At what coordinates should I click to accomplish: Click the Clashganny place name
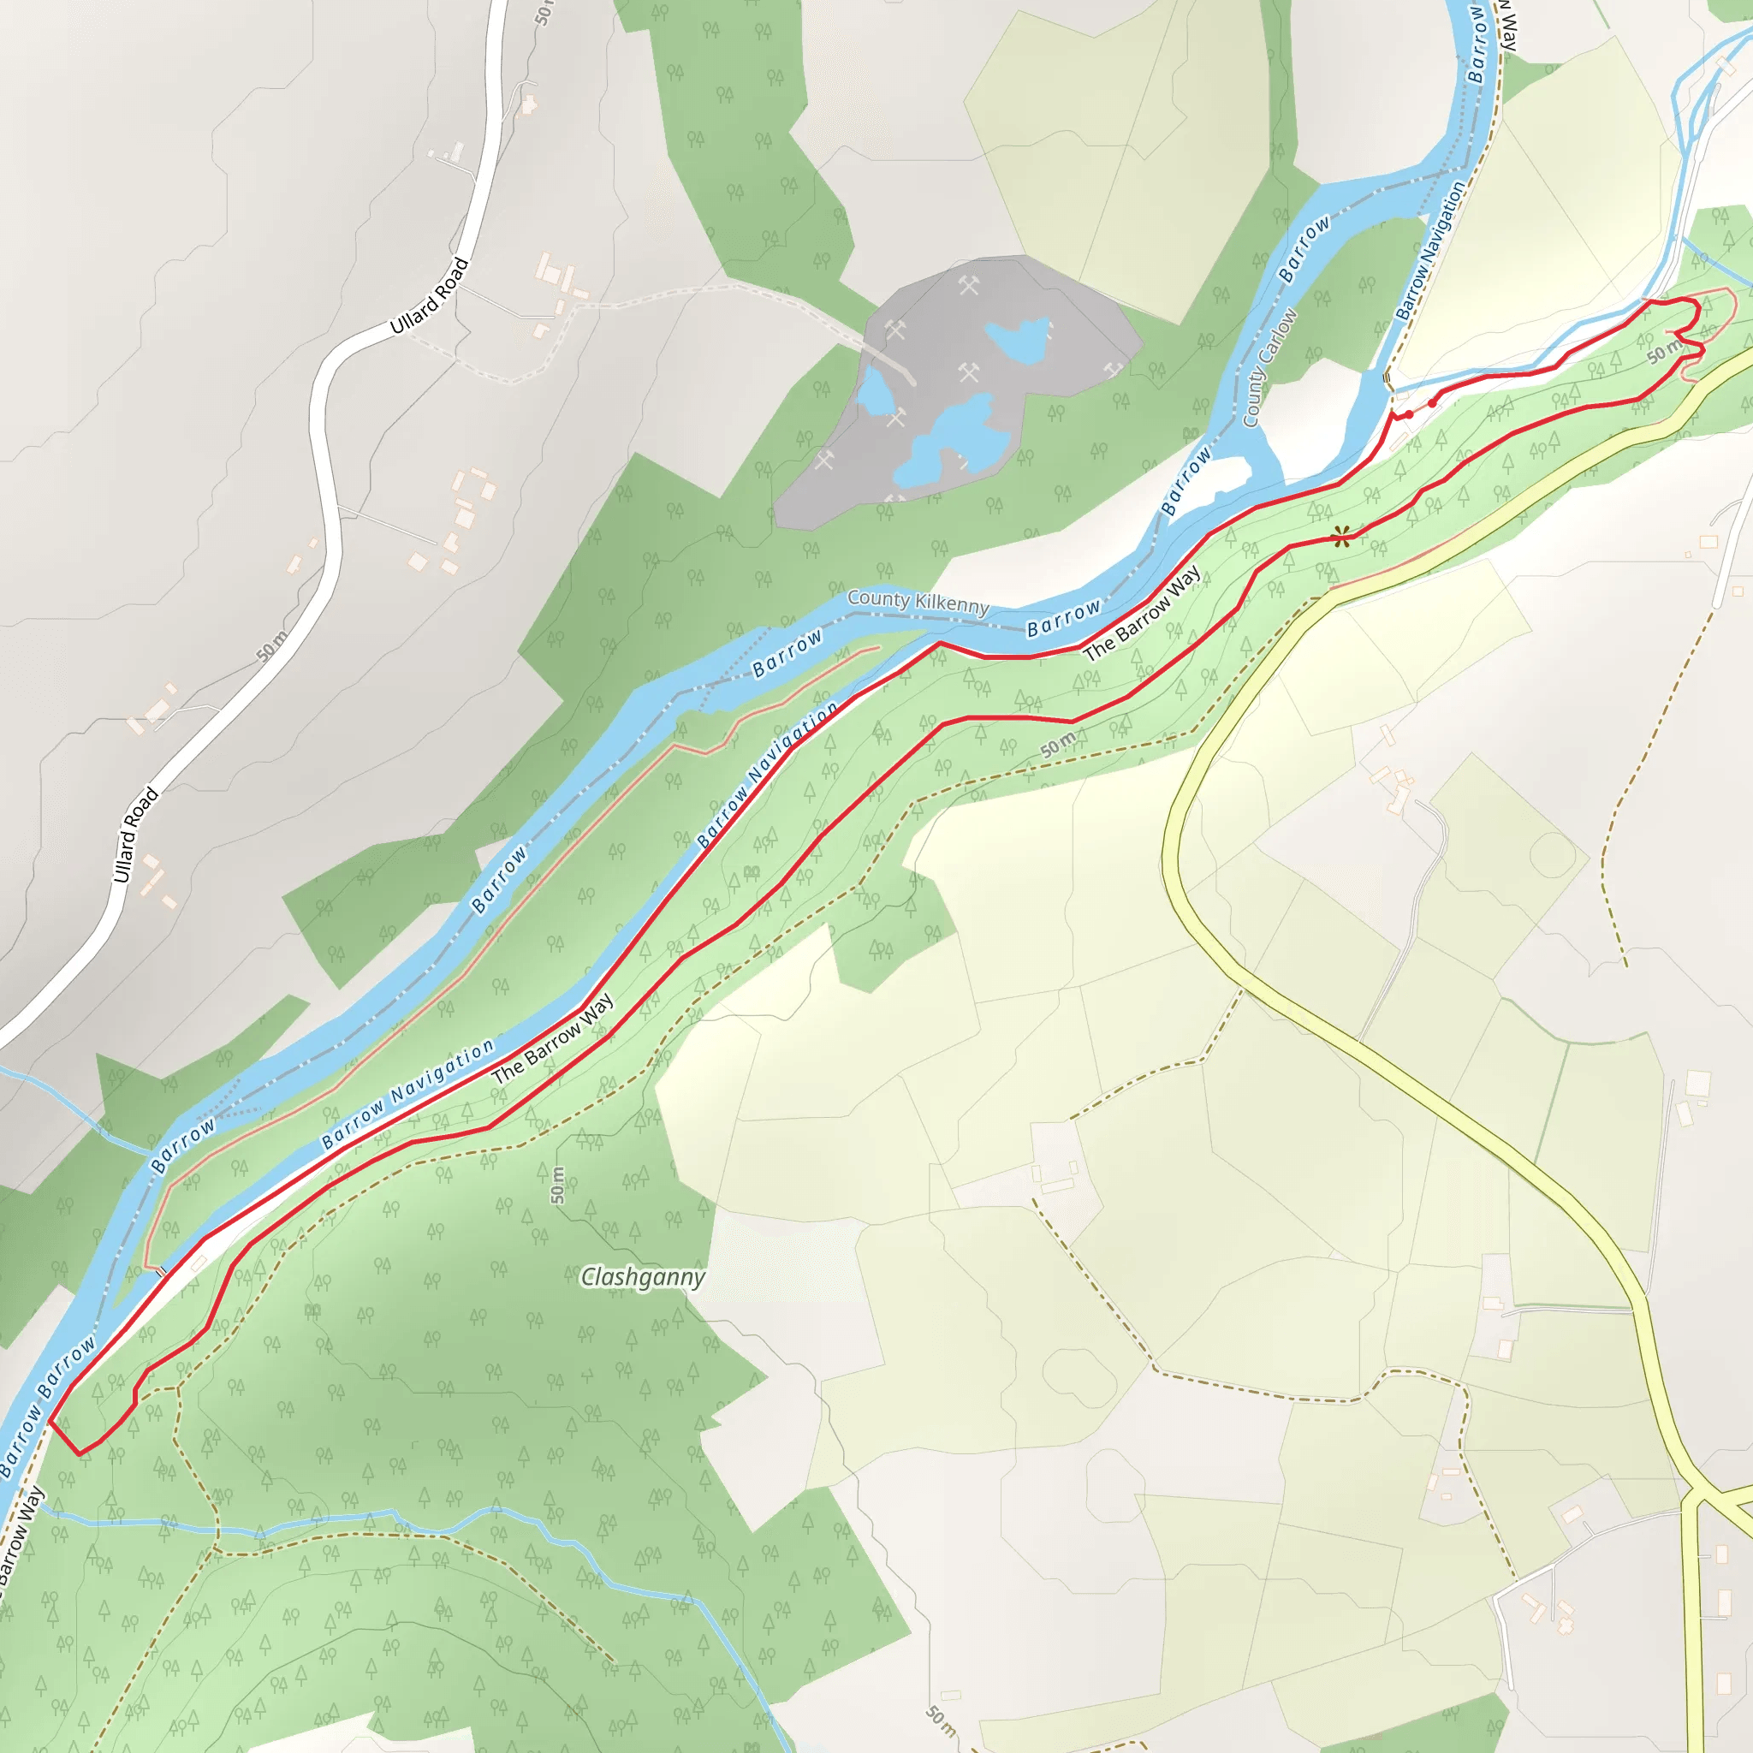643,1278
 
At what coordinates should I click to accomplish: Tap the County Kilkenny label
918,603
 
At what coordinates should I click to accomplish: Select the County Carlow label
1269,368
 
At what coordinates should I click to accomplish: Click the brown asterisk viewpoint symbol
1341,538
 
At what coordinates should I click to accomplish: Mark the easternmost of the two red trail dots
1432,403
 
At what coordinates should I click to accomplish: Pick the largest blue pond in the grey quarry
953,444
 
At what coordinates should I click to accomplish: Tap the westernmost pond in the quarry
876,391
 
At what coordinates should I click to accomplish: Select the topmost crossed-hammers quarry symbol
970,287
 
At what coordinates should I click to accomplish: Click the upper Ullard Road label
429,296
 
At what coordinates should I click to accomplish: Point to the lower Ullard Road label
135,835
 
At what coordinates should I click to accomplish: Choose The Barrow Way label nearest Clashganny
552,1040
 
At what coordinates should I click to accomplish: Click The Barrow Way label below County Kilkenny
1142,613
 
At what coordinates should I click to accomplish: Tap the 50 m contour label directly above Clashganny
557,1185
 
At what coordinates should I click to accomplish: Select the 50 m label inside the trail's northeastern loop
1664,352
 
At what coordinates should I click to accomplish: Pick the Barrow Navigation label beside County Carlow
1430,251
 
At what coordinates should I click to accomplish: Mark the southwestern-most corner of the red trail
80,1453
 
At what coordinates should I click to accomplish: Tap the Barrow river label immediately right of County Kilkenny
1063,617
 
